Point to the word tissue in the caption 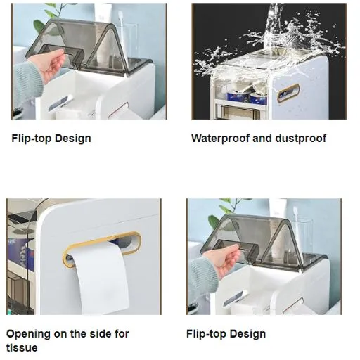(x=22, y=348)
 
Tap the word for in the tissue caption (x=121, y=333)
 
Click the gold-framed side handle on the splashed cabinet (x=288, y=94)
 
